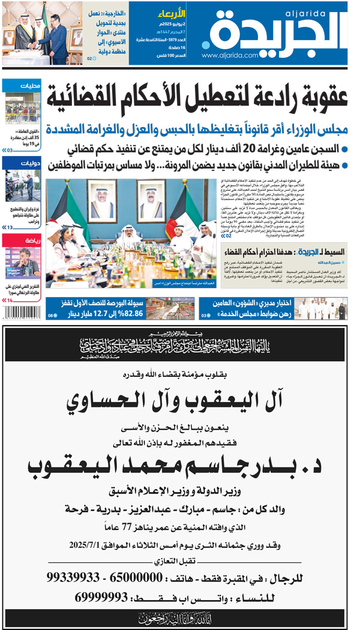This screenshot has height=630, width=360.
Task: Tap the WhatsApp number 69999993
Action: (102, 598)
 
